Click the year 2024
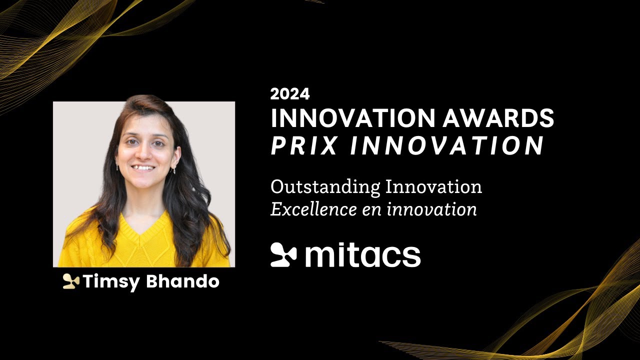pos(290,94)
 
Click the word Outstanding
pos(325,187)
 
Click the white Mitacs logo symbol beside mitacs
pos(283,254)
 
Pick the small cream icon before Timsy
pos(71,282)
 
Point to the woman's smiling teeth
pos(144,168)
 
